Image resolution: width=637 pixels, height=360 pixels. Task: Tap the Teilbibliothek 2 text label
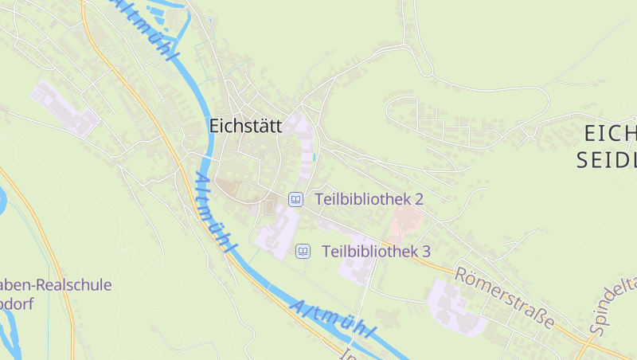point(369,199)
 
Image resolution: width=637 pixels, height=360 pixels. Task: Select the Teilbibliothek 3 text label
point(376,252)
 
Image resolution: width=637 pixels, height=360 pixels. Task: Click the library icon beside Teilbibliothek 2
point(296,199)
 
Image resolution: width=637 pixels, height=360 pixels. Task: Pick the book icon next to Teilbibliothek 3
point(303,252)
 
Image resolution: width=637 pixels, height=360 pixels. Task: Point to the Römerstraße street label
point(505,298)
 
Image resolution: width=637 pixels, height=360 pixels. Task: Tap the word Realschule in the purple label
point(76,285)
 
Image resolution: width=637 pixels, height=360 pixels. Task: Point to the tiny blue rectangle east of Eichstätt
point(315,157)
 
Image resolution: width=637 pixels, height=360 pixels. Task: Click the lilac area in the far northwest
point(64,108)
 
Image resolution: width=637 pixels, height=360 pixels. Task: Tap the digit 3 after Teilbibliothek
point(426,252)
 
